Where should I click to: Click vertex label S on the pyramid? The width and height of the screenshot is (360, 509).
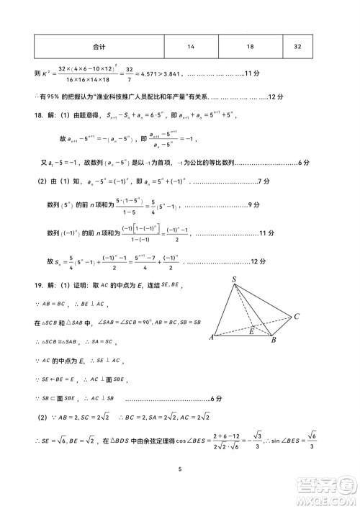[235, 280]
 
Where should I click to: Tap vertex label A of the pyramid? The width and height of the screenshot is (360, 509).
[210, 337]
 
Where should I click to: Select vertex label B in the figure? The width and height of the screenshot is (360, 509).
[274, 340]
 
